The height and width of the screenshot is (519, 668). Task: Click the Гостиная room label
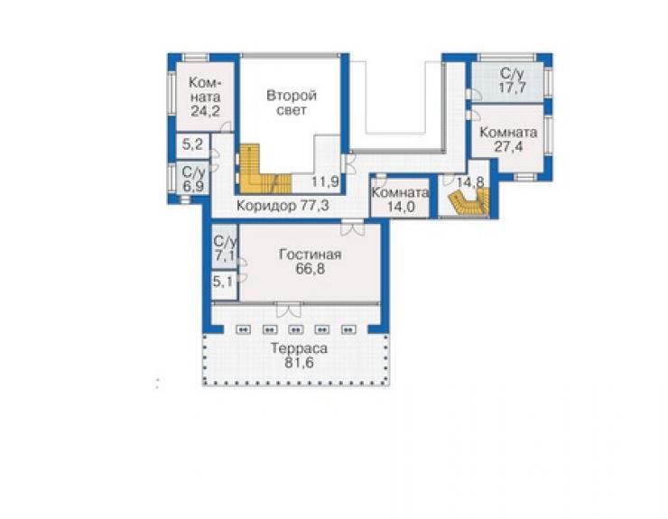310,255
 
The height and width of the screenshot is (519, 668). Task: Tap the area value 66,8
310,269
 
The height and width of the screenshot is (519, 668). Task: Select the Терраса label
299,348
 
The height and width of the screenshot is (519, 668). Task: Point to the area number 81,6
299,363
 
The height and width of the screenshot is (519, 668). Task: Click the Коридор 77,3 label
283,206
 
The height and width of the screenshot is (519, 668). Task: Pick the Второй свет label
292,102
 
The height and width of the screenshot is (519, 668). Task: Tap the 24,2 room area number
205,111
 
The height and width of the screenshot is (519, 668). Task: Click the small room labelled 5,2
192,144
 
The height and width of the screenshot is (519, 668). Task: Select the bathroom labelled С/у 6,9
193,179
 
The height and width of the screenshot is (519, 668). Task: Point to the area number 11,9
325,181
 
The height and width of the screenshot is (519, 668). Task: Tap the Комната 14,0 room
400,199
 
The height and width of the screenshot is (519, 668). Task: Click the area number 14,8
470,182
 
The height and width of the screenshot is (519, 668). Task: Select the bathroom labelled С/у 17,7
508,81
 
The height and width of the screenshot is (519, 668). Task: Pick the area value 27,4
508,146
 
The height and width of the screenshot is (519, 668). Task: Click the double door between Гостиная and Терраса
289,310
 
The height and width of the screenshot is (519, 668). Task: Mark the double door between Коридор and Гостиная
353,227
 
